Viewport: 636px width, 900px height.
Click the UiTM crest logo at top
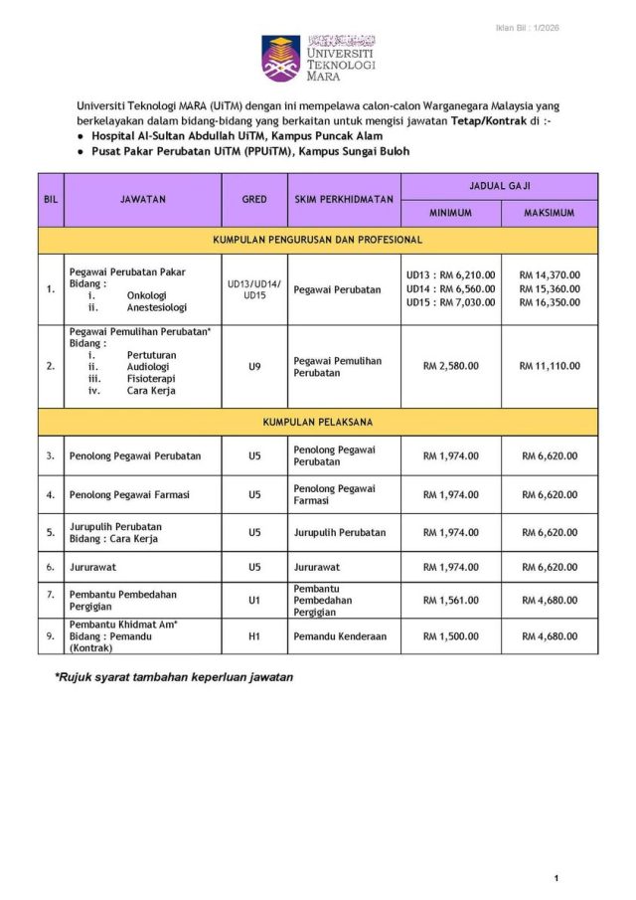pos(281,58)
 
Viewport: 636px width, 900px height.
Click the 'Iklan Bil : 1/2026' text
pos(527,28)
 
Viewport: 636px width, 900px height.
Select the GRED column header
pos(254,199)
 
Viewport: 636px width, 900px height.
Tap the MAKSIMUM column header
pos(550,214)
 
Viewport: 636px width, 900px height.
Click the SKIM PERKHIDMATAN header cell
pos(344,199)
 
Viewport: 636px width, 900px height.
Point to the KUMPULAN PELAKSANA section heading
pos(318,422)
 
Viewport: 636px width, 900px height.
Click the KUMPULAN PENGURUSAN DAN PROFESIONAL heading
pos(318,240)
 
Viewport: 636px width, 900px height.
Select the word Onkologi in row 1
pos(147,295)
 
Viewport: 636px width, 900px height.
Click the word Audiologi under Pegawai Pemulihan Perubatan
pos(149,366)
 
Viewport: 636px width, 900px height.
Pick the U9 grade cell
pos(254,366)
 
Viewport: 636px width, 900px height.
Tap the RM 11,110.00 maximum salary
pos(550,366)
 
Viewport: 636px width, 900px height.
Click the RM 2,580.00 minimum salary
pos(450,366)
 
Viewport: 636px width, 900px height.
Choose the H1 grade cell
pos(254,635)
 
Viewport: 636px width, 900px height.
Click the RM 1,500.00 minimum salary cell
pos(450,635)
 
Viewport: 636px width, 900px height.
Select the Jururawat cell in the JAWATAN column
pos(93,567)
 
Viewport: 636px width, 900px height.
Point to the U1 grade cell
pos(254,600)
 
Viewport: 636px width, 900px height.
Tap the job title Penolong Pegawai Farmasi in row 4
pos(129,494)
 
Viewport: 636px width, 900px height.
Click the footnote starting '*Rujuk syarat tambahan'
pos(174,677)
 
